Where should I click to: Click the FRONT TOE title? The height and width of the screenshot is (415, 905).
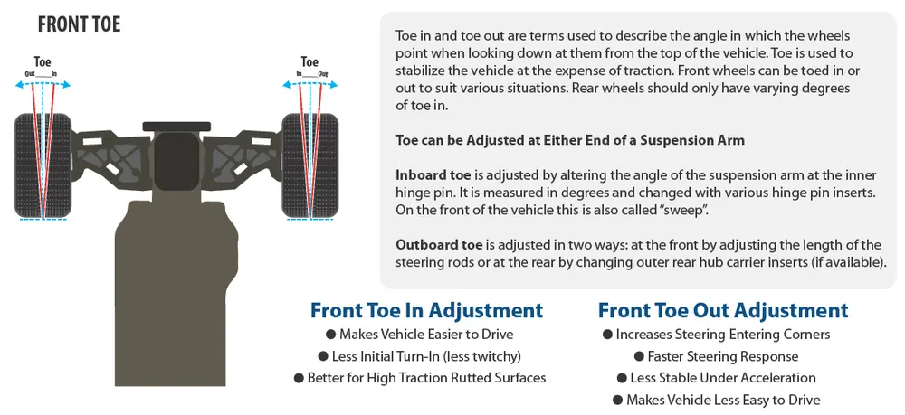coord(79,24)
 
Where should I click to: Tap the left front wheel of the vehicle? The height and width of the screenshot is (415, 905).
coord(43,165)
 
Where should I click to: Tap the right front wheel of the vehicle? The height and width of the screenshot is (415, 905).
coord(310,165)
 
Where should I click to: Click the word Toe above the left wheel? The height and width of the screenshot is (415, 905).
coord(43,62)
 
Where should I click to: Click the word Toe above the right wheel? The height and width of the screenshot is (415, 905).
coord(310,62)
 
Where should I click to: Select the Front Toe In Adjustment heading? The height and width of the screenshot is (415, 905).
coord(426,310)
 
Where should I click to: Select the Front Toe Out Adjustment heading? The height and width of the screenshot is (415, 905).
coord(723,310)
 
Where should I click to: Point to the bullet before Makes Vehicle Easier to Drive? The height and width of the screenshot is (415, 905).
coord(330,335)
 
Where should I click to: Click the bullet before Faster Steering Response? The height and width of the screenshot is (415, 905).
coord(639,357)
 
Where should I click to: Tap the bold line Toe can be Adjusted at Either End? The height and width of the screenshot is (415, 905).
coord(570,140)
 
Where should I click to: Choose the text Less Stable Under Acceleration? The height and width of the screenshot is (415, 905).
coord(723,378)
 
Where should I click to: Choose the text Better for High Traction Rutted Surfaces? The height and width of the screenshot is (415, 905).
coord(426,378)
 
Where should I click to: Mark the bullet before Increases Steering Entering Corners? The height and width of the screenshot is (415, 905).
coord(607,335)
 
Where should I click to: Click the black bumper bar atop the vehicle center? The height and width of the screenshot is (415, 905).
coord(176,127)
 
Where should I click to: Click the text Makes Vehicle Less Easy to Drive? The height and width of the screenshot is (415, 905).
coord(723,400)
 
